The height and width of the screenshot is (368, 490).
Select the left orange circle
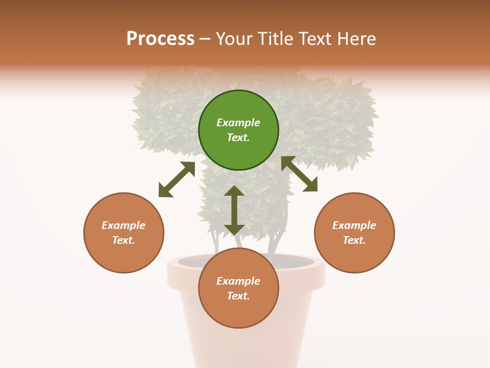pos(124,233)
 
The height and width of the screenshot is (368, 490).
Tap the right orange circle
pos(354,233)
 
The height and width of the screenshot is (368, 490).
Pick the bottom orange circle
pos(238,288)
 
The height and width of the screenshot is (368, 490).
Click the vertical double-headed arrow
pos(234,210)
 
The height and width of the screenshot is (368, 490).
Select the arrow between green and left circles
pos(177,179)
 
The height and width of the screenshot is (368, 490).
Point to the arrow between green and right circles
pos(299,174)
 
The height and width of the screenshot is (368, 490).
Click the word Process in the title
pos(160,39)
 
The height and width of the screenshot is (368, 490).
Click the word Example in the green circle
pos(238,123)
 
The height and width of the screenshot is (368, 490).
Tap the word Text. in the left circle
pos(124,240)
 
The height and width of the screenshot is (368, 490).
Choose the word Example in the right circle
pos(354,225)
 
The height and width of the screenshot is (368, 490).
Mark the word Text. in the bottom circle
pos(238,296)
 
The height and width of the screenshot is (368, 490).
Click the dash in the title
pos(205,39)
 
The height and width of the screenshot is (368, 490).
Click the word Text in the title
pos(313,39)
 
